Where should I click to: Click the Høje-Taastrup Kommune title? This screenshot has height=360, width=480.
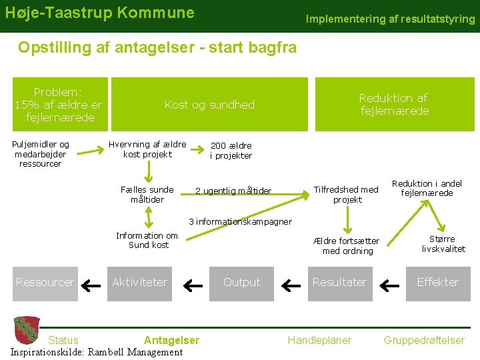pos(100,13)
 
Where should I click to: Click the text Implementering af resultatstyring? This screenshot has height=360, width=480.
pos(390,19)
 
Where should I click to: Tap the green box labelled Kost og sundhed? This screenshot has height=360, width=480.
pos(209,105)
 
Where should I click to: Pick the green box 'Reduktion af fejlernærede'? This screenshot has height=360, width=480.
pos(393,105)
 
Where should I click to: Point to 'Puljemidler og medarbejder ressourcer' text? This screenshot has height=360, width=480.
pos(40,154)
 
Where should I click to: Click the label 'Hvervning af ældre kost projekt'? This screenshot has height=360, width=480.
pos(147,149)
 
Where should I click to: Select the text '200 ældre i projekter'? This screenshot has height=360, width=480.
pos(231,151)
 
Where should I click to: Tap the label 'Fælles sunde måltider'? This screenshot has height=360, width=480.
pos(147,195)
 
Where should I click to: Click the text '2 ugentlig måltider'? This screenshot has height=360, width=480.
pos(233,191)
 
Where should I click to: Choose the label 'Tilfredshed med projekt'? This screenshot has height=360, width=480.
pos(347,195)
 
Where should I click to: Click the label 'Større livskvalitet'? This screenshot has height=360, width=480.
pos(443,244)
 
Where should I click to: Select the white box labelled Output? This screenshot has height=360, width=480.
pos(241,282)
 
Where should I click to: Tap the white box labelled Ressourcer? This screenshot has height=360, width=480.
pos(45,282)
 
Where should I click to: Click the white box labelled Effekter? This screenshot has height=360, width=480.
pos(437,282)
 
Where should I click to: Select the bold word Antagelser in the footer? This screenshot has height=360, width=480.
pos(171,340)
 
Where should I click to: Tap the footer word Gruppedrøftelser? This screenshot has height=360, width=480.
pos(424,340)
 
